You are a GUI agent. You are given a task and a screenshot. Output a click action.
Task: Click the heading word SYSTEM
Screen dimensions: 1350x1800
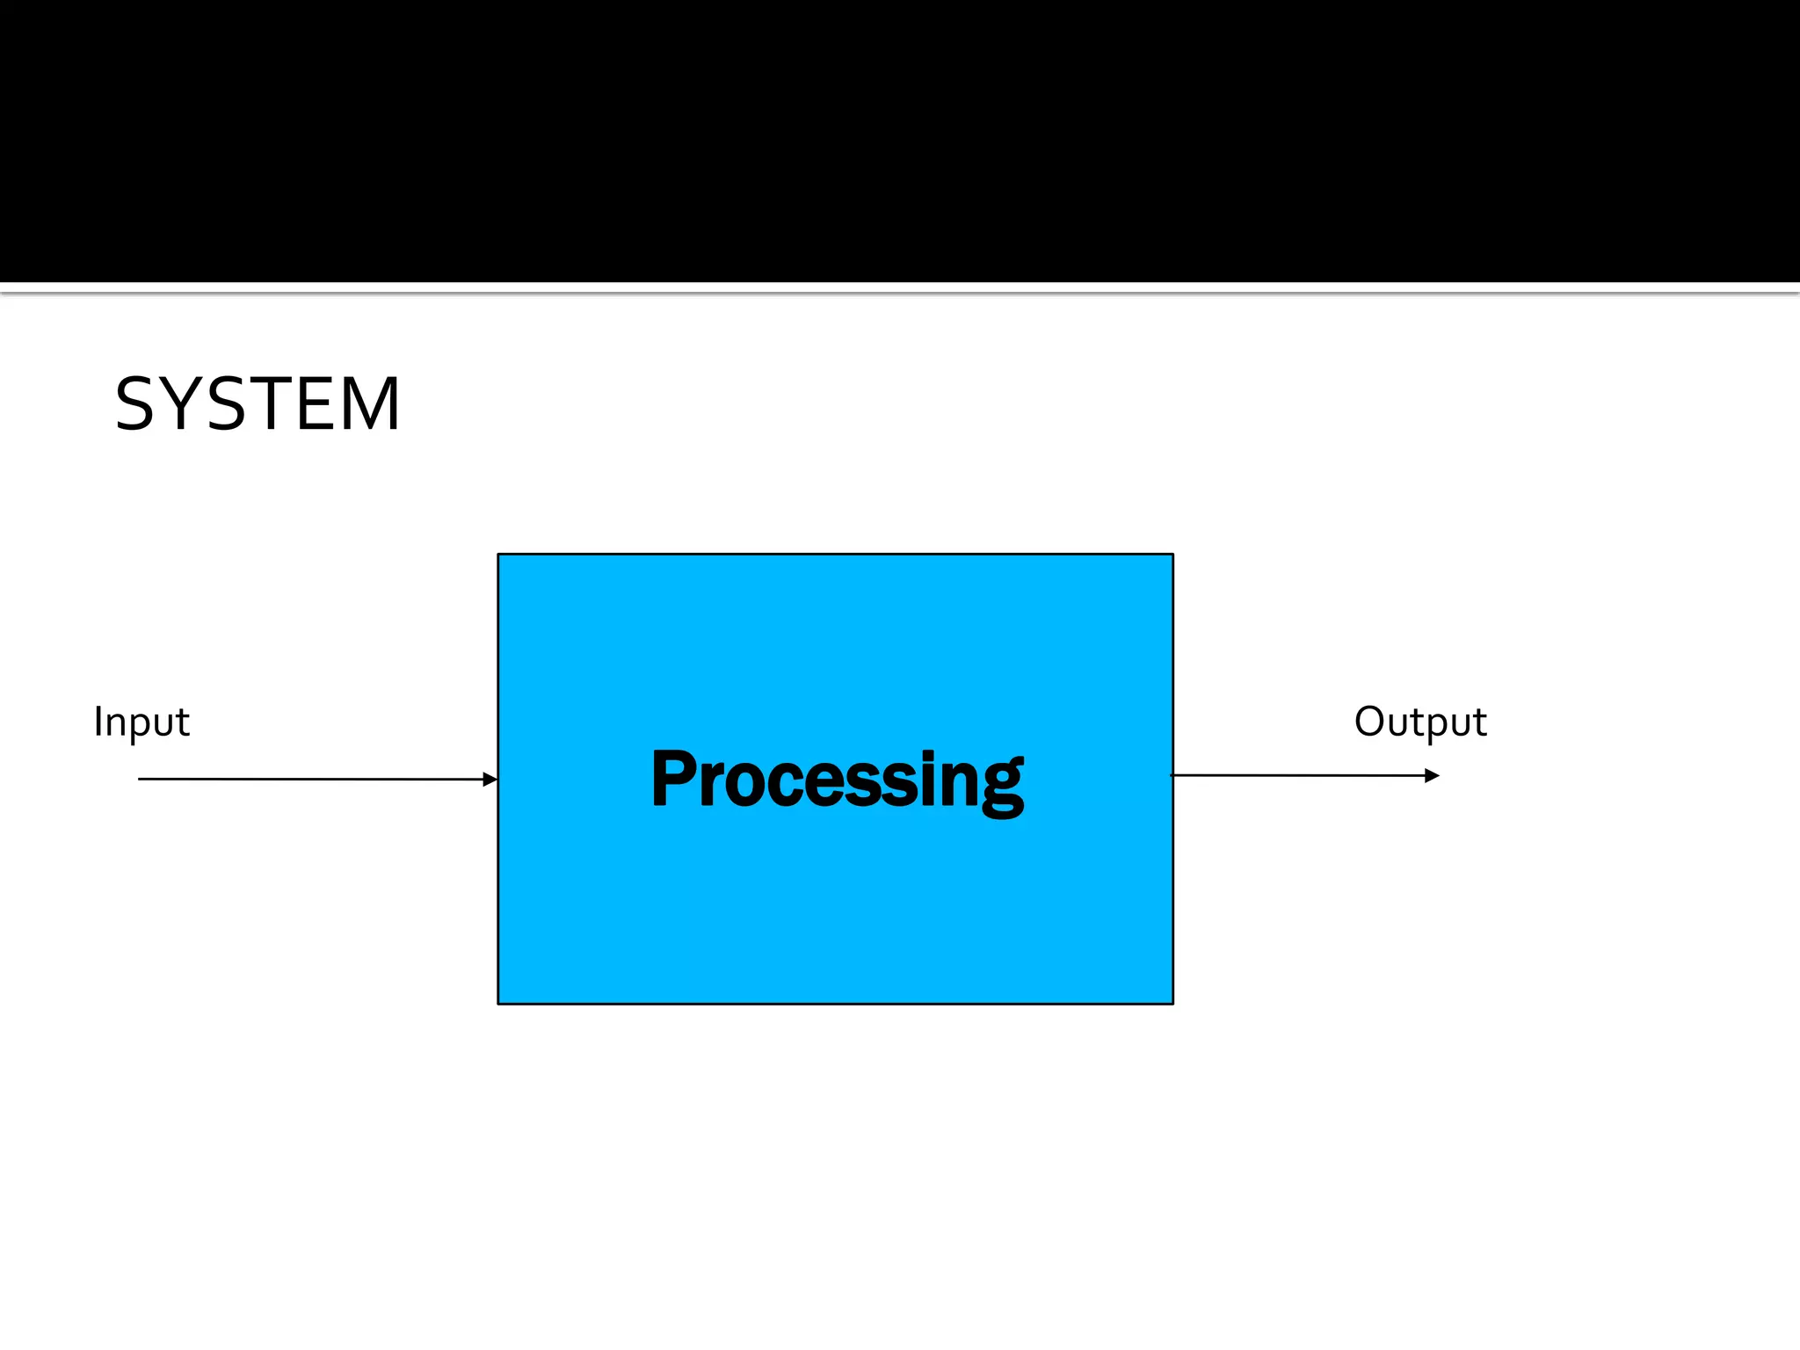pos(258,404)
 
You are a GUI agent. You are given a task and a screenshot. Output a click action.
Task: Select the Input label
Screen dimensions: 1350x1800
pos(141,722)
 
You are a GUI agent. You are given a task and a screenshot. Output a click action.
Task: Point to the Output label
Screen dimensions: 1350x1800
pos(1419,722)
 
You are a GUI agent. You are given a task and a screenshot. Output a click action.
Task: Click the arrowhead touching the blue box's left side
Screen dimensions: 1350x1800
pos(490,779)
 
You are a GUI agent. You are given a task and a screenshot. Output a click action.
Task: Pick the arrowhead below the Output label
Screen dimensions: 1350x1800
pos(1432,775)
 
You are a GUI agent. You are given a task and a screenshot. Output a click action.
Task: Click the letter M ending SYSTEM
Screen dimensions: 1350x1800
pos(372,404)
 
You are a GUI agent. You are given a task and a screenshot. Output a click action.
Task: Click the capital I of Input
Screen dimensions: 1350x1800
pos(98,721)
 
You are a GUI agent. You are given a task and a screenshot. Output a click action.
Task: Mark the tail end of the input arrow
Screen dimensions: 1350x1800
pos(140,779)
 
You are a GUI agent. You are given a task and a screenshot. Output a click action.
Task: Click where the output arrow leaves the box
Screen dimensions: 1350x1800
pos(1174,775)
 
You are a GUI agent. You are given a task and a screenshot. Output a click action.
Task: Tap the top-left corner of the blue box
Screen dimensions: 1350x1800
pos(498,555)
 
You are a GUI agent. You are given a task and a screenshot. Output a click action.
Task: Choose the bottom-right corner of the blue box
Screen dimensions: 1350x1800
pos(1172,1003)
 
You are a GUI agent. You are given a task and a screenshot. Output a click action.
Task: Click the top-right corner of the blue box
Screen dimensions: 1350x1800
pos(1172,555)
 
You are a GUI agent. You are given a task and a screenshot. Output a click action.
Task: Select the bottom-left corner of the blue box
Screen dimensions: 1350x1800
pos(498,1003)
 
